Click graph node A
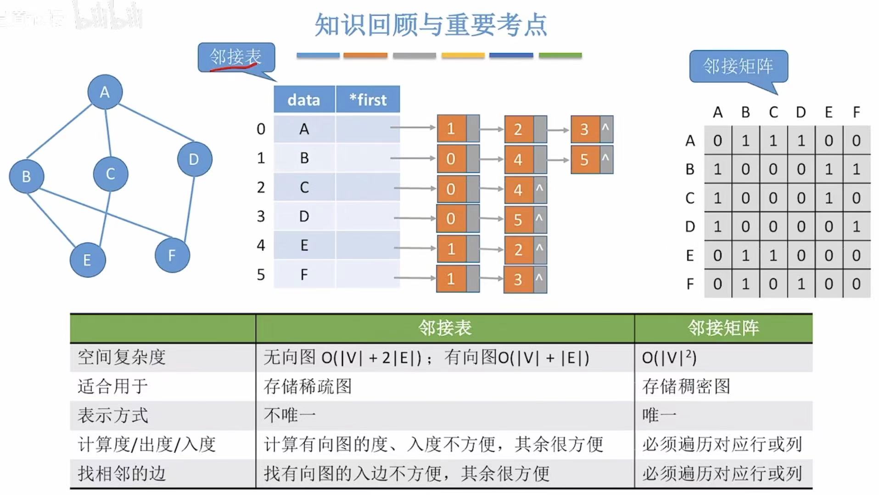[105, 92]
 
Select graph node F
[172, 256]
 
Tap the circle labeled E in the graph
[88, 260]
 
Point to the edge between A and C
[108, 133]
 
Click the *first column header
[368, 100]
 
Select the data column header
[304, 100]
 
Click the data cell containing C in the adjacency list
[304, 187]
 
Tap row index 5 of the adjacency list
[261, 275]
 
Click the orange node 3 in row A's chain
[584, 129]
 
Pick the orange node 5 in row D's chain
[518, 220]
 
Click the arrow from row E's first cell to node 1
[414, 248]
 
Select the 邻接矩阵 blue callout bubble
[738, 67]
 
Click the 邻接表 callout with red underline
[236, 57]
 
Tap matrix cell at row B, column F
[856, 169]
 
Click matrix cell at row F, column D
[801, 284]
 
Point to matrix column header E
[829, 112]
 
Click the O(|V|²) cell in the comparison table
[669, 357]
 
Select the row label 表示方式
[113, 416]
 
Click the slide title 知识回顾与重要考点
[431, 25]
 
